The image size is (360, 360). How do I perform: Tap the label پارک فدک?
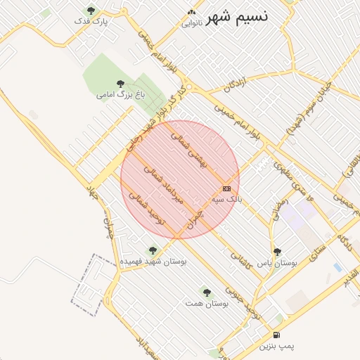[x=91, y=22]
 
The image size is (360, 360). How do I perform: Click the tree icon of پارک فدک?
[x=91, y=10]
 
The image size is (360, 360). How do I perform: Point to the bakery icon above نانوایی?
[x=192, y=13]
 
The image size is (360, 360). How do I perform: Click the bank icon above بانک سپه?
[x=226, y=188]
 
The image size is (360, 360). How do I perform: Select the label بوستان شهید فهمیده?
[x=153, y=262]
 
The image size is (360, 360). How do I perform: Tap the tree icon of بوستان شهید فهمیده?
[x=153, y=250]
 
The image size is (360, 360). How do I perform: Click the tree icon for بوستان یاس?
[x=277, y=251]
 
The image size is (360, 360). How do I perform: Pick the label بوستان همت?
[x=206, y=303]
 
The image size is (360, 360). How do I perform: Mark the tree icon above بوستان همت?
[x=206, y=291]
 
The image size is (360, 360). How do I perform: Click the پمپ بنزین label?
[x=277, y=347]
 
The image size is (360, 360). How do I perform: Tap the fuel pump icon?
[x=277, y=335]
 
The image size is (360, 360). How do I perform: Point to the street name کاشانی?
[x=240, y=261]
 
